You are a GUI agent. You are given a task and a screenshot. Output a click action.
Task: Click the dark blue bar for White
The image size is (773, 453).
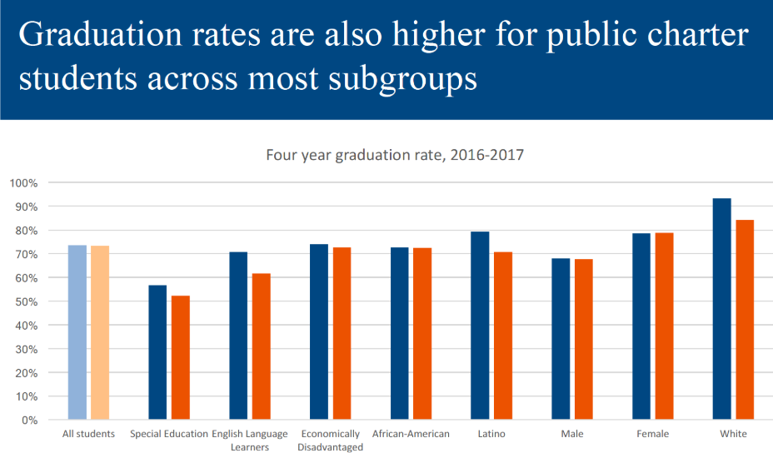tap(722, 309)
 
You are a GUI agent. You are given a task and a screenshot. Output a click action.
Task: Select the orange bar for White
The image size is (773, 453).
tap(745, 320)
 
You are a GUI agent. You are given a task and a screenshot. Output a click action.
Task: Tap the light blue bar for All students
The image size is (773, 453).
tap(77, 332)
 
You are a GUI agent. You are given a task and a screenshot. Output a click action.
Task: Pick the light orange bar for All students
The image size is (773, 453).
tap(100, 332)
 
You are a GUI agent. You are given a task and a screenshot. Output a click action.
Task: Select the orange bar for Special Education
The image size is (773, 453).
tap(181, 358)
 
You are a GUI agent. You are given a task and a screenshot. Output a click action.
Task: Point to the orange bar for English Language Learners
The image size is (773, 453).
tap(262, 346)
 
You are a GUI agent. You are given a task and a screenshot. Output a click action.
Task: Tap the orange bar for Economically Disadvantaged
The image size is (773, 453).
tap(342, 333)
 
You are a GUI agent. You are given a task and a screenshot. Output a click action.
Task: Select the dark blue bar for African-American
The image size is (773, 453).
tap(399, 333)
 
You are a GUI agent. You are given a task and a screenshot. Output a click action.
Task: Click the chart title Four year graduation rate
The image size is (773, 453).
tap(394, 155)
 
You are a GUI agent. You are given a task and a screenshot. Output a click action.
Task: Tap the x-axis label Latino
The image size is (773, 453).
tap(491, 434)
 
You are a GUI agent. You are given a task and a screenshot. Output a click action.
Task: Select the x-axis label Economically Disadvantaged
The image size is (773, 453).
tap(330, 441)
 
